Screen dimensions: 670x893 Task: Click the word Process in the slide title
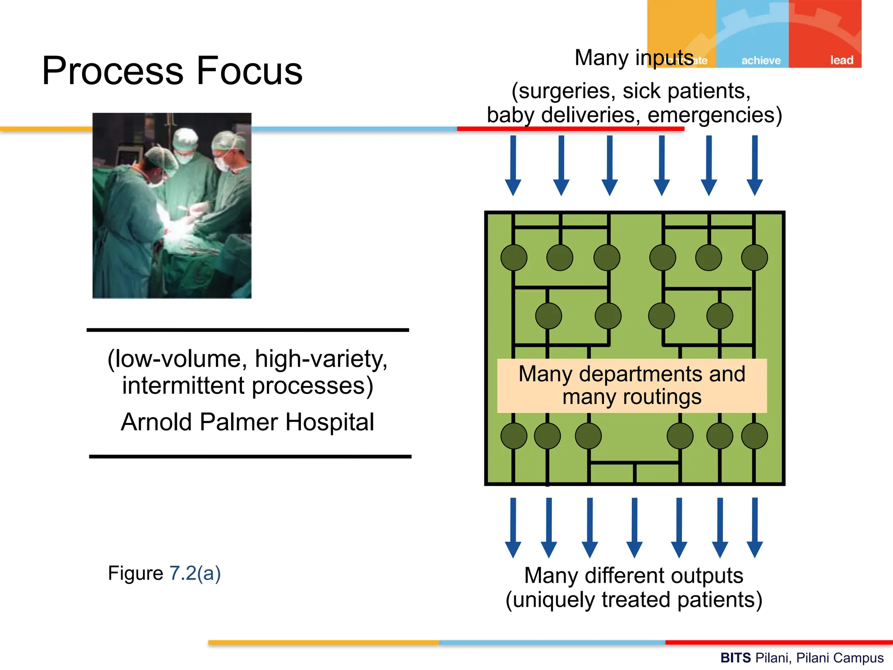[x=112, y=71]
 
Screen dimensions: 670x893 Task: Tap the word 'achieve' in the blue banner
[x=761, y=60]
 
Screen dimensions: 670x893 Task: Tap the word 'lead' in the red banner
[x=842, y=60]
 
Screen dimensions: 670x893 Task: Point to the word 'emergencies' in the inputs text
[x=711, y=115]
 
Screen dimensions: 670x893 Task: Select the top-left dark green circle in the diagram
[x=514, y=257]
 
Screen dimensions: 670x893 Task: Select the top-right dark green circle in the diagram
[x=754, y=257]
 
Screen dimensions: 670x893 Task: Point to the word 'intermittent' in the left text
[x=183, y=386]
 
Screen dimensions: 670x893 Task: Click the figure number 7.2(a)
[x=195, y=573]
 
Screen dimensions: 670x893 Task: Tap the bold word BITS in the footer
[x=735, y=658]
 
